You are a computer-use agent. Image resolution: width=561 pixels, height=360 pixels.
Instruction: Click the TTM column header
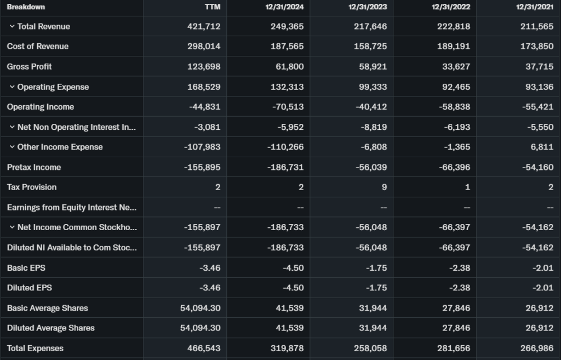point(212,7)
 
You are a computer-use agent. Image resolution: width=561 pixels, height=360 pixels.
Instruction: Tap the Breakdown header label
point(26,7)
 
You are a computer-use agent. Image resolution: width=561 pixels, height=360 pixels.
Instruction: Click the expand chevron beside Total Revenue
point(12,26)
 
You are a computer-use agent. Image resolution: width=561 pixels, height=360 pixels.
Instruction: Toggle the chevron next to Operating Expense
point(12,87)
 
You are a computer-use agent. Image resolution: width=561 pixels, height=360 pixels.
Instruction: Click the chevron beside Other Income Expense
point(12,147)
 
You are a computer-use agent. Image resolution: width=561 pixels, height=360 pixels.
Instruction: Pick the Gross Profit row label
point(30,66)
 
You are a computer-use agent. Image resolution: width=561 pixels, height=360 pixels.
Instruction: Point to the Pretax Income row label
point(34,167)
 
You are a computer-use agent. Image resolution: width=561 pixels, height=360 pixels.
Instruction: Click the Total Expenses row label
point(35,348)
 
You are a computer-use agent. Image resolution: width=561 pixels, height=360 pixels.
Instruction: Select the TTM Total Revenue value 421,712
point(204,26)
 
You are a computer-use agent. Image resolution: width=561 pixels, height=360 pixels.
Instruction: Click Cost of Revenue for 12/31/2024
point(287,47)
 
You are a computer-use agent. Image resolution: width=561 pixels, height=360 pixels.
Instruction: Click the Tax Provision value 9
point(384,187)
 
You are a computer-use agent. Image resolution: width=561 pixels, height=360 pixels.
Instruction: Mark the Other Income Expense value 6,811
point(542,147)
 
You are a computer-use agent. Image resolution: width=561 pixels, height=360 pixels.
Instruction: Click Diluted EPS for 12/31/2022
point(459,288)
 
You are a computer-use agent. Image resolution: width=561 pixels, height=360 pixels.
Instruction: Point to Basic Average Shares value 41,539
point(290,308)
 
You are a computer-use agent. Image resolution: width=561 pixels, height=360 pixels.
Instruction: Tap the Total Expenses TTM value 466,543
point(204,348)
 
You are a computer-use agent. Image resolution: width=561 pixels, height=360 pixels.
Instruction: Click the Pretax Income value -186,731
point(285,167)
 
